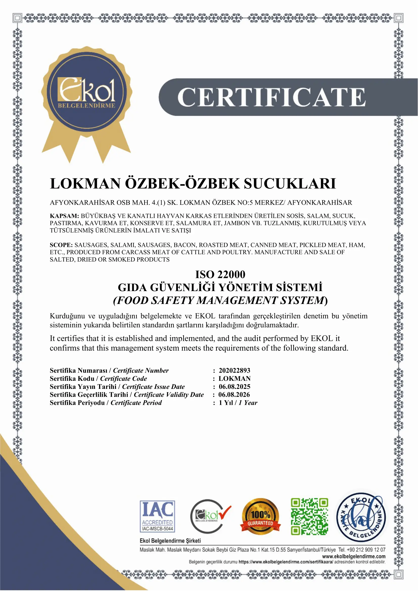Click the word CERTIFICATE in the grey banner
coord(271,97)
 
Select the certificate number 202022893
coord(234,370)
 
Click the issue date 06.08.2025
coord(234,387)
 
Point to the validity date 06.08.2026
coord(234,395)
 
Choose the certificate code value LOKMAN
coord(234,379)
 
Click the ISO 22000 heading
coord(220,274)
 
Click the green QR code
coord(309,516)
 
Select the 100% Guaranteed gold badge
coord(260,516)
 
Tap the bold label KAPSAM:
coord(64,216)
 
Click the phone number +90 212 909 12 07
coord(366,550)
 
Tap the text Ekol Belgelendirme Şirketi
coord(170,541)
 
